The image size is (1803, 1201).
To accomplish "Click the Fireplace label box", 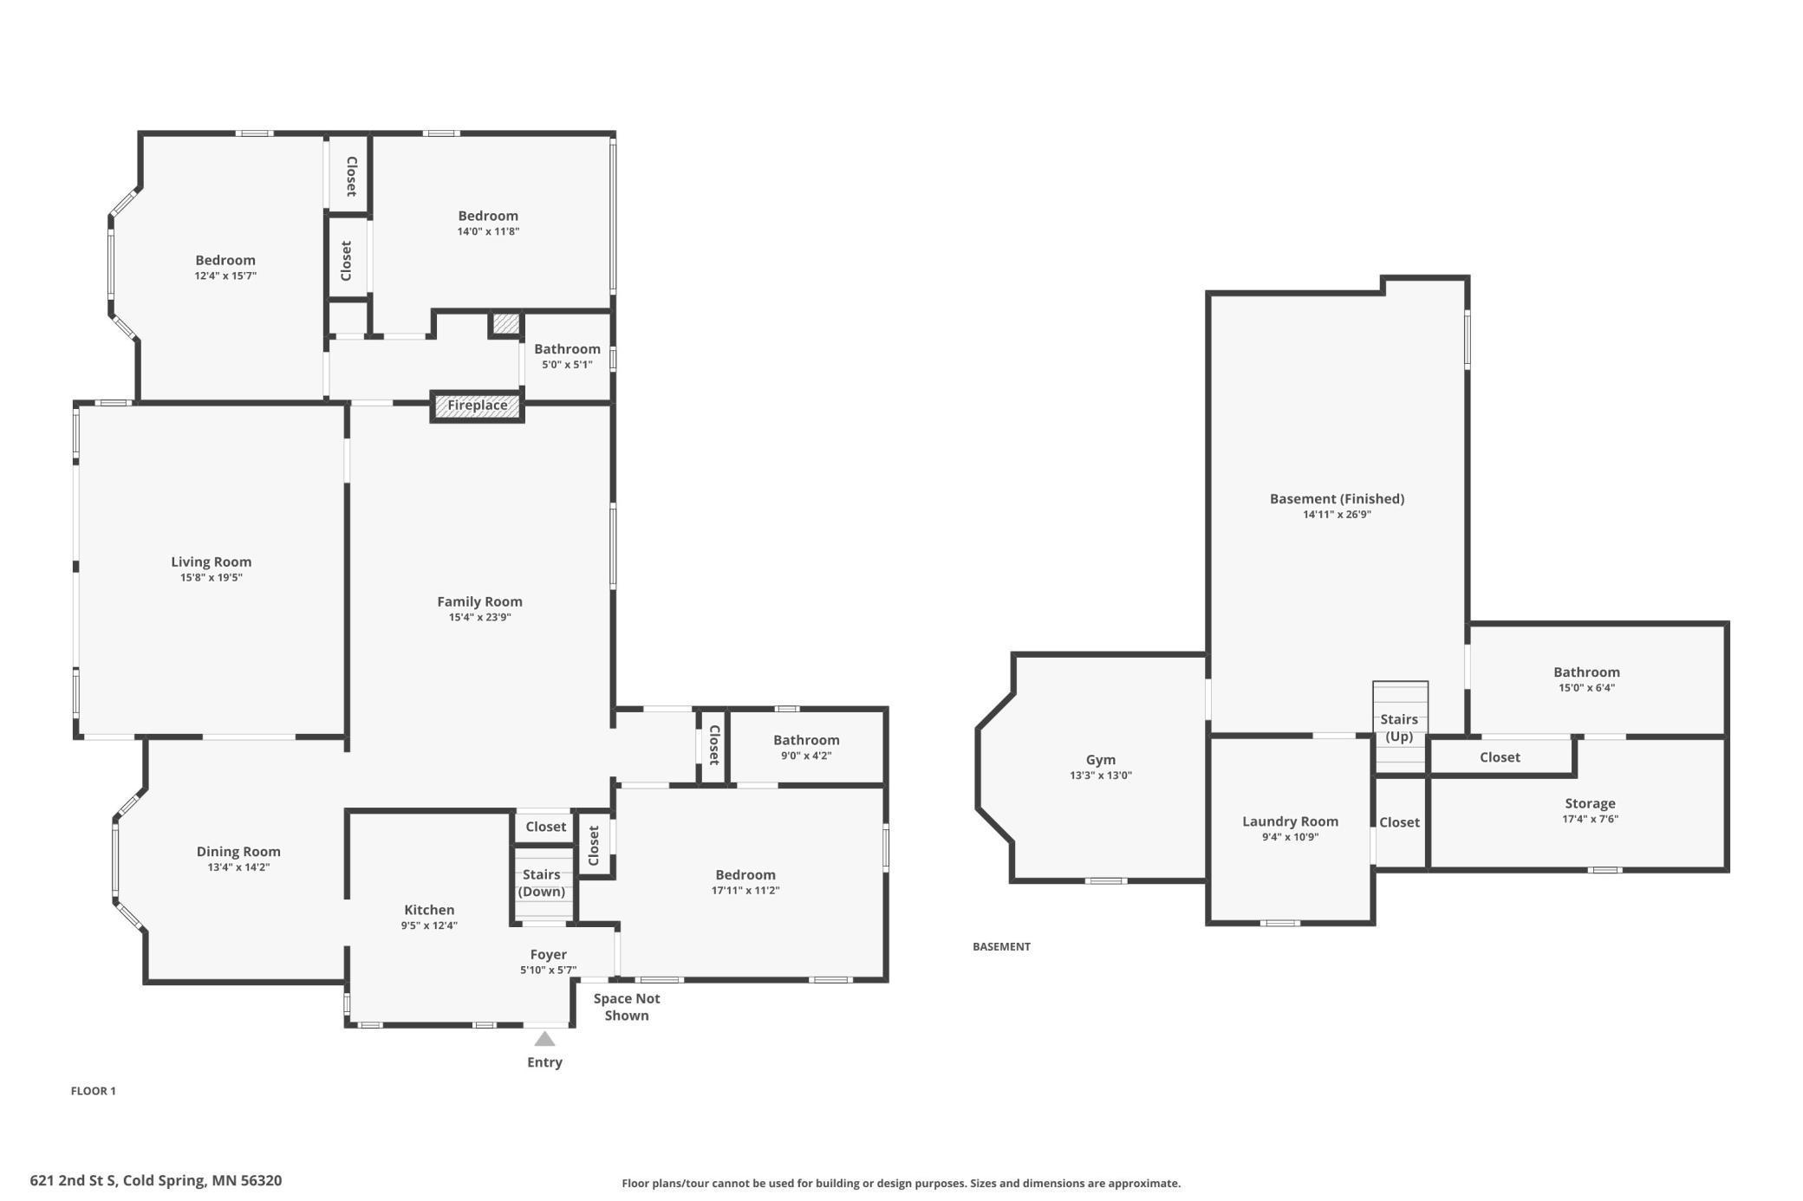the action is click(x=478, y=406).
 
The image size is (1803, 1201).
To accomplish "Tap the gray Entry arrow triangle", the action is click(x=544, y=1038).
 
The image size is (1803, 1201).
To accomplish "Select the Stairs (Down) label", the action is click(x=542, y=883).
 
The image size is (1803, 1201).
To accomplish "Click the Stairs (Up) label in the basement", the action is click(x=1399, y=728).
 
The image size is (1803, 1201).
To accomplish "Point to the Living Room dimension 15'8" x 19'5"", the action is click(x=212, y=577).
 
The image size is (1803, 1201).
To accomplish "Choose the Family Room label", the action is click(x=479, y=601).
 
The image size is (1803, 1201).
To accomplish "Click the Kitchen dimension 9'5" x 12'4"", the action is click(x=429, y=925).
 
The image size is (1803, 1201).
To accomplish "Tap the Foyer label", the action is click(x=549, y=955).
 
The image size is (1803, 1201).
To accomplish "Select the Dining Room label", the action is click(x=238, y=852).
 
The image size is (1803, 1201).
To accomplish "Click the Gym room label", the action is click(x=1101, y=760).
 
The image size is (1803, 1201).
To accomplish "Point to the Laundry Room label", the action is click(x=1290, y=821).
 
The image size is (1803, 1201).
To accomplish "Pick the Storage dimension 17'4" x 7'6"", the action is click(x=1591, y=819).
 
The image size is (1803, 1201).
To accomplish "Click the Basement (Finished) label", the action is click(x=1337, y=498).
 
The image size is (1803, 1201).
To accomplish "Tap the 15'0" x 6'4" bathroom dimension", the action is click(x=1586, y=688).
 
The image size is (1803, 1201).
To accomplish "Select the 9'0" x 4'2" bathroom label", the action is click(x=806, y=756).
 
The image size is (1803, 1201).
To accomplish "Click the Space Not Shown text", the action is click(x=627, y=1007).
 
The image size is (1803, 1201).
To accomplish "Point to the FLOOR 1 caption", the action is click(x=93, y=1091).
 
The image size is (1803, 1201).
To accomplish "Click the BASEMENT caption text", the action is click(x=1001, y=946).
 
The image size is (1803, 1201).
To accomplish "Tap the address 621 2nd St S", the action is click(x=74, y=1180).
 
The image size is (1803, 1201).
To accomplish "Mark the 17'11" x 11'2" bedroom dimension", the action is click(x=745, y=890).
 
